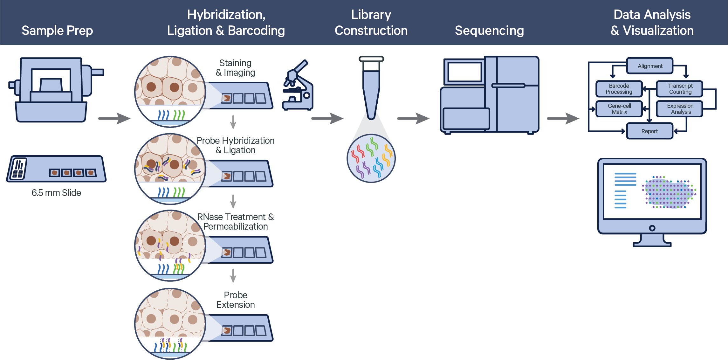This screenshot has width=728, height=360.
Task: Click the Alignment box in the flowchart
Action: (x=649, y=66)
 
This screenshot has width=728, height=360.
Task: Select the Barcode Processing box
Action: (x=619, y=89)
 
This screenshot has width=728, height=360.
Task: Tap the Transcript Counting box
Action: (x=680, y=89)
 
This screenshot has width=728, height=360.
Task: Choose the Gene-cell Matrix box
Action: (x=619, y=109)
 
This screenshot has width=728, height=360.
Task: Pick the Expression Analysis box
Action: (x=680, y=109)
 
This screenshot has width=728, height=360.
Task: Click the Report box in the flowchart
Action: (x=649, y=131)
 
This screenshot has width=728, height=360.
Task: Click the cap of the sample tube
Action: (x=371, y=59)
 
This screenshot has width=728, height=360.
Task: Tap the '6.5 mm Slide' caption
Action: (x=56, y=193)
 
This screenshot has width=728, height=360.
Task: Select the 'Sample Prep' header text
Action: (x=57, y=31)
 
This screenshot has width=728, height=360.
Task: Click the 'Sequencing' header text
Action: (x=489, y=31)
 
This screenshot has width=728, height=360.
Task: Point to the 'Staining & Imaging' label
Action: (x=235, y=68)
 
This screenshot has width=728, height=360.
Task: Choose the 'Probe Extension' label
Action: (x=235, y=300)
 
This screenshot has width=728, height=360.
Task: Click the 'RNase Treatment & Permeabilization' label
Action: (x=235, y=222)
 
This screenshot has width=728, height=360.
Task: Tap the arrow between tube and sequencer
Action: (x=413, y=119)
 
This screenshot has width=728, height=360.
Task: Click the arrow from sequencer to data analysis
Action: (x=563, y=119)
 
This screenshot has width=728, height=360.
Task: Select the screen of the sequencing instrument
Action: (x=464, y=72)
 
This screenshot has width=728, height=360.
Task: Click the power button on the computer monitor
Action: (x=652, y=228)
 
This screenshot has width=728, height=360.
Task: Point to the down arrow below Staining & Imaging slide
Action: (x=233, y=122)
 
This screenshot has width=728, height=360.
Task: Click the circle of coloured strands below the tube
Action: (x=371, y=158)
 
